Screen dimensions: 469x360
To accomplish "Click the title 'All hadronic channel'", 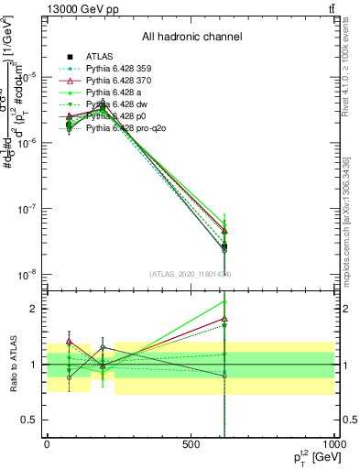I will point(192,38).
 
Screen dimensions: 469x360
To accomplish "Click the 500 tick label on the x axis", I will point(191,444).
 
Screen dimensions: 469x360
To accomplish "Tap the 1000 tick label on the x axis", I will point(333,444).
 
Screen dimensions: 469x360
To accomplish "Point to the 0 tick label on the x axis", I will point(48,444).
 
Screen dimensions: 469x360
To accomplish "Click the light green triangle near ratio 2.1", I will point(224,300).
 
